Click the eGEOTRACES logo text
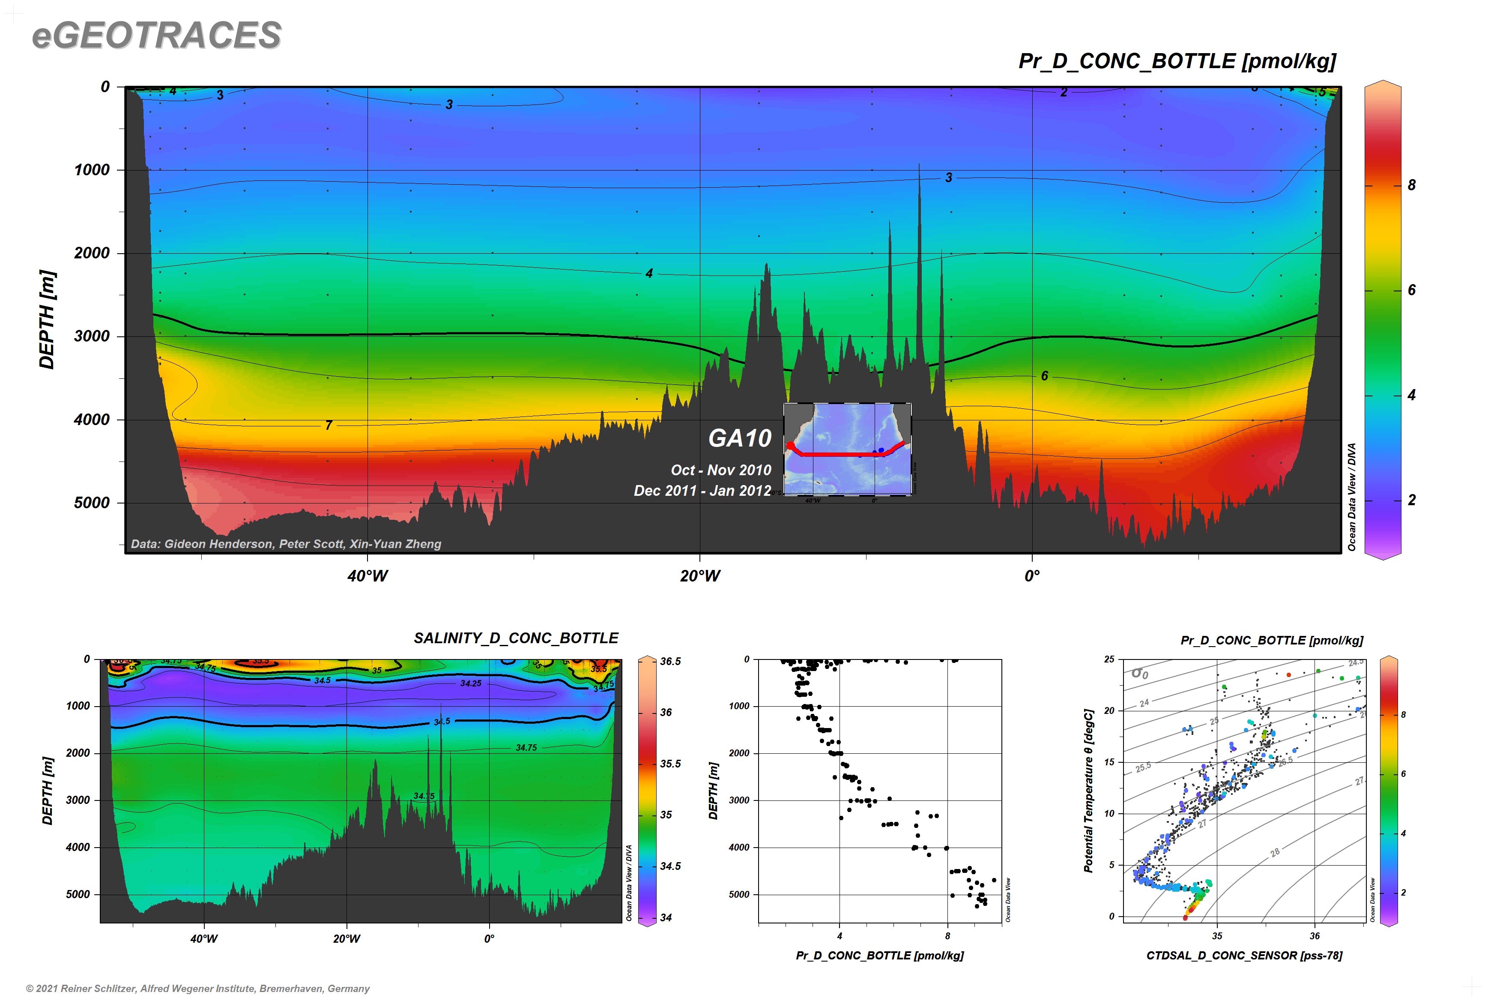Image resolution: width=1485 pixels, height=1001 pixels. coord(156,35)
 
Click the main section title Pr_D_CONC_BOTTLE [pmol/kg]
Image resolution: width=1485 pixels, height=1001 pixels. coord(1177,61)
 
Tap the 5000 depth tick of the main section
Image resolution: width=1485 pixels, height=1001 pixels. coord(92,503)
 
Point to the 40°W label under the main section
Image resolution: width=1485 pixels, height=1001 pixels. coord(368,576)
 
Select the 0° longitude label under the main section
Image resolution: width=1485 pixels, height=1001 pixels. coord(1032,576)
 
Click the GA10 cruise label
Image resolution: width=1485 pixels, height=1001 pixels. coord(740,438)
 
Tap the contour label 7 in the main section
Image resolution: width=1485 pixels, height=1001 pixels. coord(329,425)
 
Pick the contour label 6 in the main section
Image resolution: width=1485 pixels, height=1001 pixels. coord(1044,376)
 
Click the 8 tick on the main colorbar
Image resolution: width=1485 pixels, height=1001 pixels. coord(1411,185)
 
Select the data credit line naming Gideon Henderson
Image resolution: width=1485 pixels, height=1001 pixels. coord(286,544)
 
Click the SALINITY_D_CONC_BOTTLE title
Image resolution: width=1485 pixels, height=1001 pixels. coord(516,638)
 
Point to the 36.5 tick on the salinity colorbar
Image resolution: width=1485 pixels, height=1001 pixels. coord(670,661)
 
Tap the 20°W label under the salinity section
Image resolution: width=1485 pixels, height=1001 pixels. coord(347,938)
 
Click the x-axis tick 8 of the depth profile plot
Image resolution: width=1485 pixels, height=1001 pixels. coord(947,936)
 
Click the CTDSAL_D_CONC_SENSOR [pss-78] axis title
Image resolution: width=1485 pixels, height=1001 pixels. coord(1244,956)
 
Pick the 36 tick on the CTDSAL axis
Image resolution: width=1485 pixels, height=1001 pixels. coord(1315,936)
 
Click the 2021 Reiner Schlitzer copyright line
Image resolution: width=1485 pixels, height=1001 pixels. coord(198,988)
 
